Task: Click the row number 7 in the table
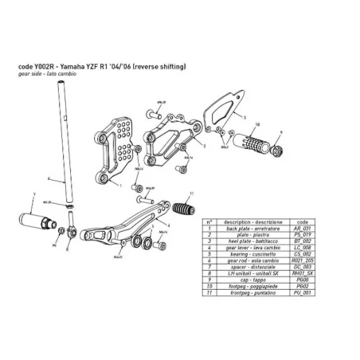tap(208, 267)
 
